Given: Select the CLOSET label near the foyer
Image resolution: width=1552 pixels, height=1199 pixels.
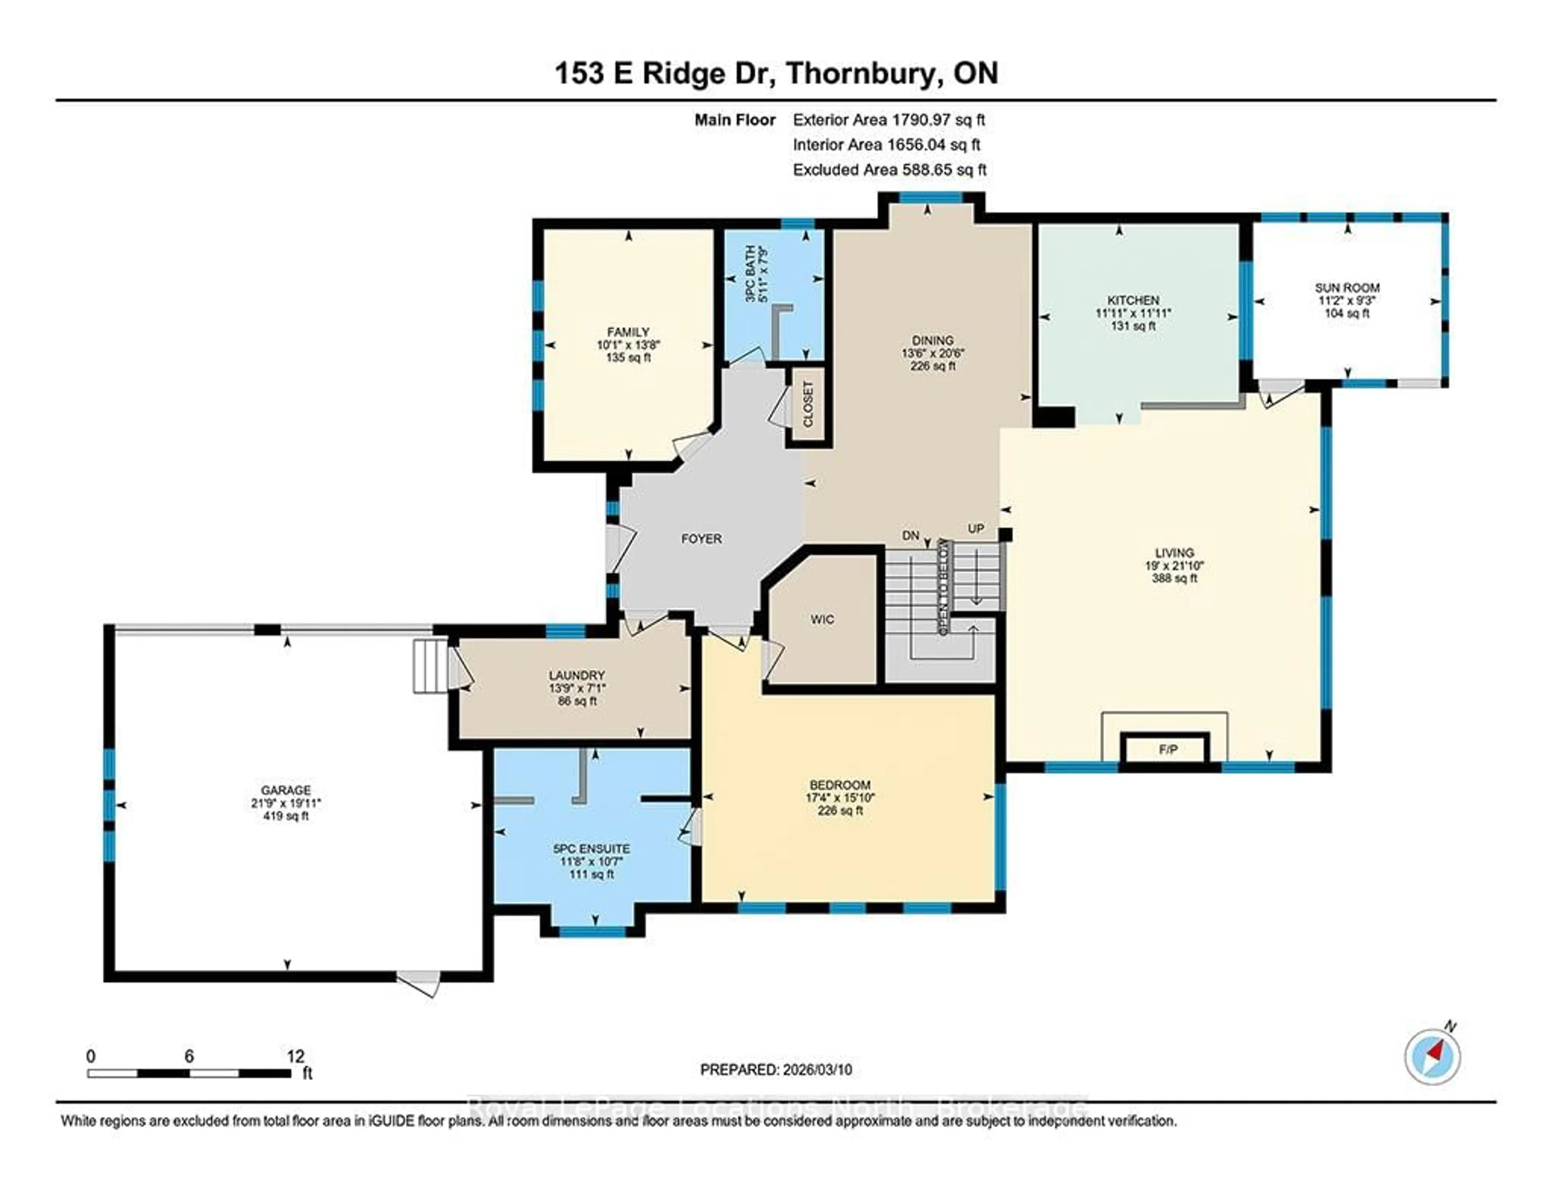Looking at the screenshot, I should (808, 404).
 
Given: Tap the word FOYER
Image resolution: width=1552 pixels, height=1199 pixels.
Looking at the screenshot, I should (701, 539).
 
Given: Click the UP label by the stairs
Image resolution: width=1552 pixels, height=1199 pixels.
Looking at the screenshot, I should (976, 529).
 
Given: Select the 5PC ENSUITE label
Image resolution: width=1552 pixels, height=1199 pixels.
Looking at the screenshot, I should (591, 849).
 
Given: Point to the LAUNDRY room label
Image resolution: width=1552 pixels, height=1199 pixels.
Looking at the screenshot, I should (576, 675).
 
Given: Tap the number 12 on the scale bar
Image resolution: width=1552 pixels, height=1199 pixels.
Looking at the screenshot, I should (295, 1056).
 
